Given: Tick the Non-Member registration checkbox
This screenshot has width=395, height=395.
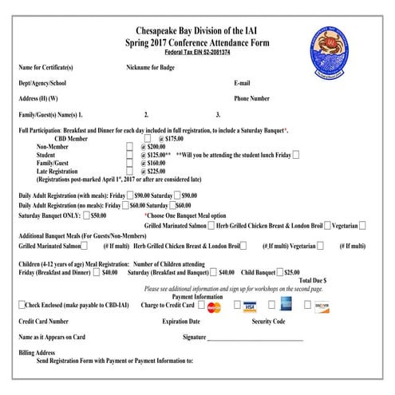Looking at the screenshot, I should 130,147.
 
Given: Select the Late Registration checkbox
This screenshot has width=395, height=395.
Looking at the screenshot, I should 130,169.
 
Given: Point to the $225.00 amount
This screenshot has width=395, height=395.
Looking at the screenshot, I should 155,170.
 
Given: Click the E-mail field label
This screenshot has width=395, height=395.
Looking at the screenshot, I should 243,83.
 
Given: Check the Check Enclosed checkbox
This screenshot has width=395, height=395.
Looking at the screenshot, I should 22,305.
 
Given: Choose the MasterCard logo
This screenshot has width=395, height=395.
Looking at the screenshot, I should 214,306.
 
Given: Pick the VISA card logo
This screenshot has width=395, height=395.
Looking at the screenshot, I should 250,306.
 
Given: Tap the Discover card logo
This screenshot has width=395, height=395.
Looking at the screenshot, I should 322,306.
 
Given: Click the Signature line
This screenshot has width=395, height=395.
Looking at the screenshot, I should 255,338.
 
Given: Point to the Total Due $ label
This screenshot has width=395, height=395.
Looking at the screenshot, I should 313,281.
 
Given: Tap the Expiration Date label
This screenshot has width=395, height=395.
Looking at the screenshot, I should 181,321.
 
